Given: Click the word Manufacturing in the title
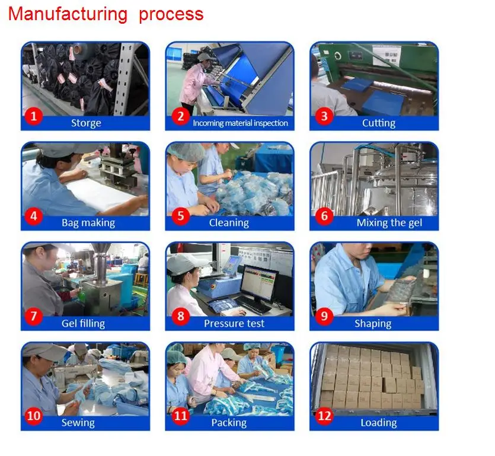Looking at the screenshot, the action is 68,15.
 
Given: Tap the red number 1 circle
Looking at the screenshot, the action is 33,116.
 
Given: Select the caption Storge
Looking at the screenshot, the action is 86,123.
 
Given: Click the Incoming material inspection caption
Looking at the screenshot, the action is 240,123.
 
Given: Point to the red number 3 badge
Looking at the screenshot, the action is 324,116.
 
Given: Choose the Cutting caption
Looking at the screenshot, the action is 378,123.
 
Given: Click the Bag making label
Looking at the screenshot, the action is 88,223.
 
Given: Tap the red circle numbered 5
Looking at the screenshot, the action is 181,216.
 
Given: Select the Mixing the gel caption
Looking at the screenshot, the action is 389,223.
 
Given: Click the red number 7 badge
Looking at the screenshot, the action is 33,316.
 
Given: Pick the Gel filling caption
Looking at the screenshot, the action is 83,323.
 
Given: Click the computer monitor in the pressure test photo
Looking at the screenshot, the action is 260,284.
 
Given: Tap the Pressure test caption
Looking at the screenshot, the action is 234,323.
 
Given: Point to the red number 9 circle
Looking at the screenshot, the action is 324,316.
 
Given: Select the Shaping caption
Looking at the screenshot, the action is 373,323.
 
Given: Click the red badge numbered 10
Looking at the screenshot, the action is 33,416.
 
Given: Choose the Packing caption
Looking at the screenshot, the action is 229,423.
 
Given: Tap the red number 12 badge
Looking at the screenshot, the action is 324,416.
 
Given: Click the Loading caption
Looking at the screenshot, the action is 378,423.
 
